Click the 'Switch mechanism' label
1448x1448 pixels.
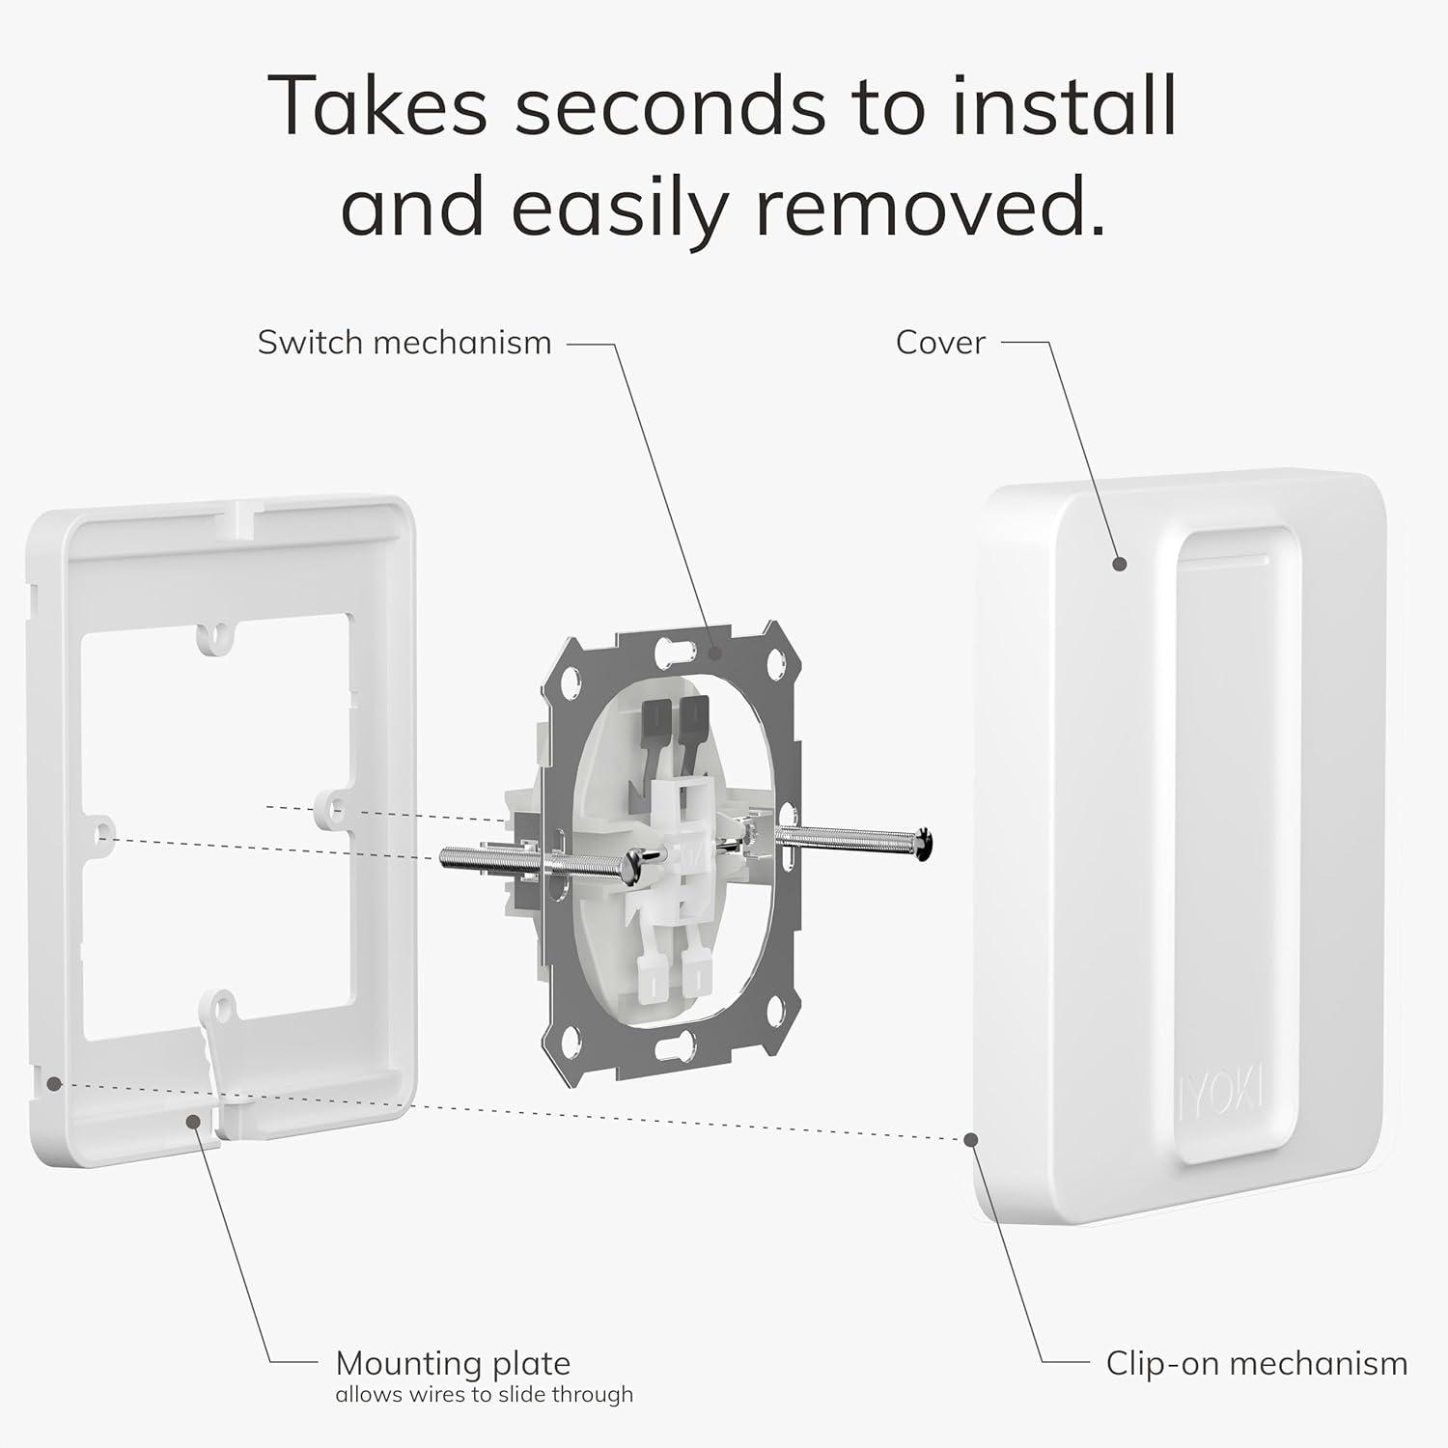pos(404,343)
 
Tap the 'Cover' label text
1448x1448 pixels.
pos(940,343)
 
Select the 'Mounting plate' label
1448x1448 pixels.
pos(453,1364)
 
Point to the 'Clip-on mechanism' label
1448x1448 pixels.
pos(1257,1364)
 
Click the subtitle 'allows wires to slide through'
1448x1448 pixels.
pos(485,1394)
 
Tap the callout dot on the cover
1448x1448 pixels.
pos(1120,564)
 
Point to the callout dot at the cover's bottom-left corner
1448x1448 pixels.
pos(970,1139)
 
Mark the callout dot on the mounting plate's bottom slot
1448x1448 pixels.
pos(194,1122)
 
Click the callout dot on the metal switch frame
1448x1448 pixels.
pos(715,653)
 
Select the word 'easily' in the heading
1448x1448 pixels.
pos(616,210)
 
